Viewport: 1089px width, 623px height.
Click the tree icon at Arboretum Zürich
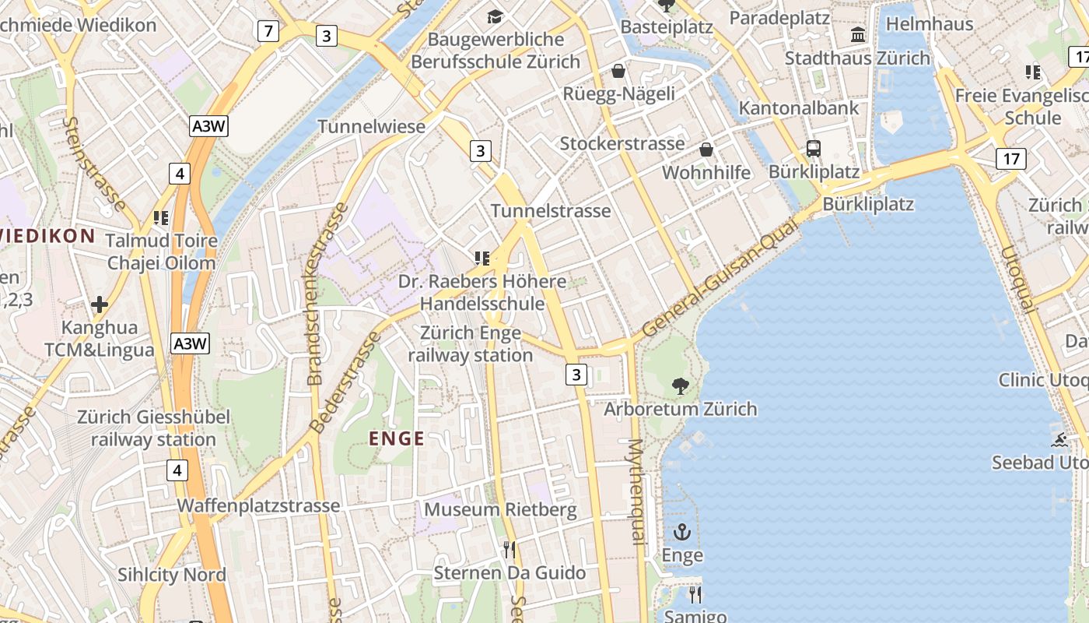(x=681, y=385)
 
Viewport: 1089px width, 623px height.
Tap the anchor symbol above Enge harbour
(x=682, y=533)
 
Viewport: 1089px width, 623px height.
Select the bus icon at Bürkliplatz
(x=814, y=149)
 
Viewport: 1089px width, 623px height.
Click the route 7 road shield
(x=268, y=31)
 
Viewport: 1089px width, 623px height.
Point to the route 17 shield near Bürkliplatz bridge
(x=1011, y=159)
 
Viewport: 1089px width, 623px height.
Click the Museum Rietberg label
(x=500, y=510)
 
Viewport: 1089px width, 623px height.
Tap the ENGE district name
(x=397, y=438)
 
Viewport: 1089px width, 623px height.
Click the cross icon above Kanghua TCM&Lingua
(x=100, y=304)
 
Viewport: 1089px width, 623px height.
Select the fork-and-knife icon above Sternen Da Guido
(x=509, y=550)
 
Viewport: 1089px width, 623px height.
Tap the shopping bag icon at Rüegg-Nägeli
(x=618, y=72)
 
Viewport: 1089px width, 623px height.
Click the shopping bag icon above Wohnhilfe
(x=706, y=150)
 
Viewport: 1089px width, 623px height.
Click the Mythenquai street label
(x=636, y=491)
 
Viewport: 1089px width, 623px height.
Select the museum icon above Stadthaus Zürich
(x=858, y=35)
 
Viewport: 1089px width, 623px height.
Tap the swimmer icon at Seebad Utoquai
(x=1059, y=440)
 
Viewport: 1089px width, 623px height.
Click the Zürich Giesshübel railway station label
(x=153, y=428)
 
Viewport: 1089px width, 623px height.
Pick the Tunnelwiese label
(x=372, y=126)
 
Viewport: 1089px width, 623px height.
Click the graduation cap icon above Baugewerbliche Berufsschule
(x=495, y=16)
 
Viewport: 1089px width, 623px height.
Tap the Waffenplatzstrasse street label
(x=258, y=505)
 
